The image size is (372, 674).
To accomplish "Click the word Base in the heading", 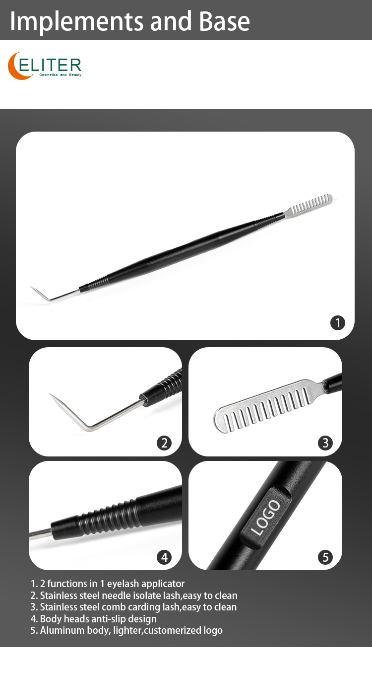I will (225, 21).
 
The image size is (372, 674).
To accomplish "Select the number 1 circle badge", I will (337, 323).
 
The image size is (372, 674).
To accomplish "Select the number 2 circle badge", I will (164, 443).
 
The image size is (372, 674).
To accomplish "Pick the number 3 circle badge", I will (325, 443).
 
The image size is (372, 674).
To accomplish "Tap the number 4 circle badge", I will (164, 557).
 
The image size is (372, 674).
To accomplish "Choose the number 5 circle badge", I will (325, 557).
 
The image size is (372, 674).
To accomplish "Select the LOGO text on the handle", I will (266, 518).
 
